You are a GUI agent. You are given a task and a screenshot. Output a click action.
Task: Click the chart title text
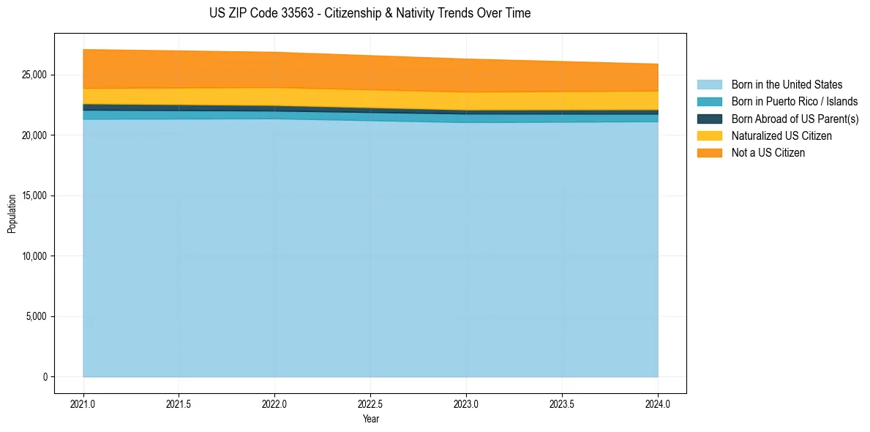point(370,13)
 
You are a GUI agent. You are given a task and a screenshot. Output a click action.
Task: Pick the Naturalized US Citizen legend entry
point(781,136)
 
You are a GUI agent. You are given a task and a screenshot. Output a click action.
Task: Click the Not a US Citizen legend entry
point(768,153)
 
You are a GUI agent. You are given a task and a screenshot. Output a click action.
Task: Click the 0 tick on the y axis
point(45,377)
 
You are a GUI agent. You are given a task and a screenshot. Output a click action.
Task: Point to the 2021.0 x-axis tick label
point(83,403)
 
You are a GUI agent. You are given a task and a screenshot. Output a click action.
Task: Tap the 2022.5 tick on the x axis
point(371,403)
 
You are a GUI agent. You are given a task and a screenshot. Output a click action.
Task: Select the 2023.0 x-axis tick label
point(467,403)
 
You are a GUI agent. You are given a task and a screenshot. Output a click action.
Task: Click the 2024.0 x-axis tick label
point(659,403)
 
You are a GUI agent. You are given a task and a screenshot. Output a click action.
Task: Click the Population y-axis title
point(12,214)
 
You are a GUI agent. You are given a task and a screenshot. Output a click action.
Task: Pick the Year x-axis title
point(371,419)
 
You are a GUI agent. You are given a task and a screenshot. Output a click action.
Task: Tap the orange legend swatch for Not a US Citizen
point(709,153)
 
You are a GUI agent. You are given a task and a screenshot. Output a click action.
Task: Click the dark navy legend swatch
point(709,119)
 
